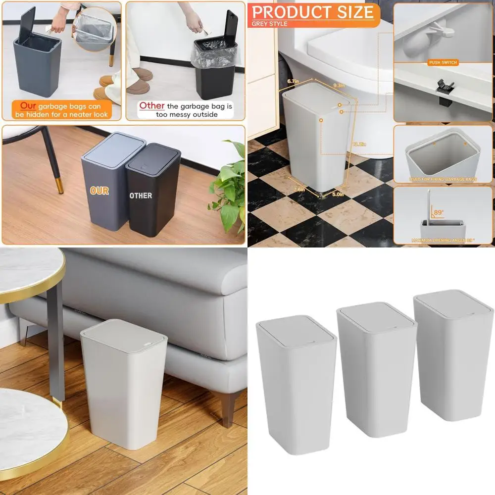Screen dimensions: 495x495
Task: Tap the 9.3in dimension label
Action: [339, 86]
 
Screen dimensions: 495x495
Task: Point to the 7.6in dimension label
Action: [298, 189]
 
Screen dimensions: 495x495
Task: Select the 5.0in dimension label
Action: [338, 194]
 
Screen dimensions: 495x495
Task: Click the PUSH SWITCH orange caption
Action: [443, 62]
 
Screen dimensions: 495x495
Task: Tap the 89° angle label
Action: [439, 212]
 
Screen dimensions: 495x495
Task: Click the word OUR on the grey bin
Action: [99, 191]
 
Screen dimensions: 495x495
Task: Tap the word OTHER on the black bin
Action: [141, 196]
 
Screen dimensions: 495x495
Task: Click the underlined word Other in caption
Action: [151, 105]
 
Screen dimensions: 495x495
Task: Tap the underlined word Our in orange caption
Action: [27, 105]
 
